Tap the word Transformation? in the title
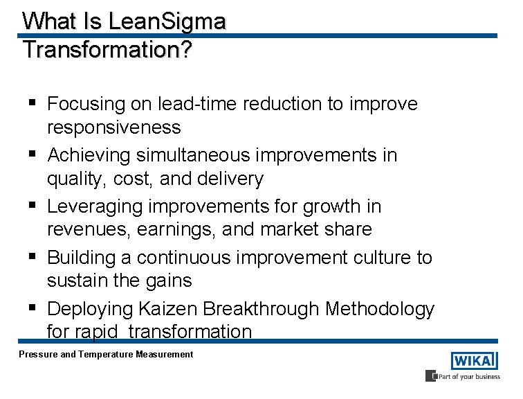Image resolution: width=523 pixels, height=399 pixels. click(x=107, y=50)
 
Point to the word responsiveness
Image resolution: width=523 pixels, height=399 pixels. click(x=114, y=127)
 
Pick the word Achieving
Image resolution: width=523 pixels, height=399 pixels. click(x=89, y=155)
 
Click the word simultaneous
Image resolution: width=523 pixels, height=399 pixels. click(x=183, y=155)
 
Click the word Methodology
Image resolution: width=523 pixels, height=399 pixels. click(x=380, y=308)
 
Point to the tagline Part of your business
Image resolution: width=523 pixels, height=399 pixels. click(x=467, y=377)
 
